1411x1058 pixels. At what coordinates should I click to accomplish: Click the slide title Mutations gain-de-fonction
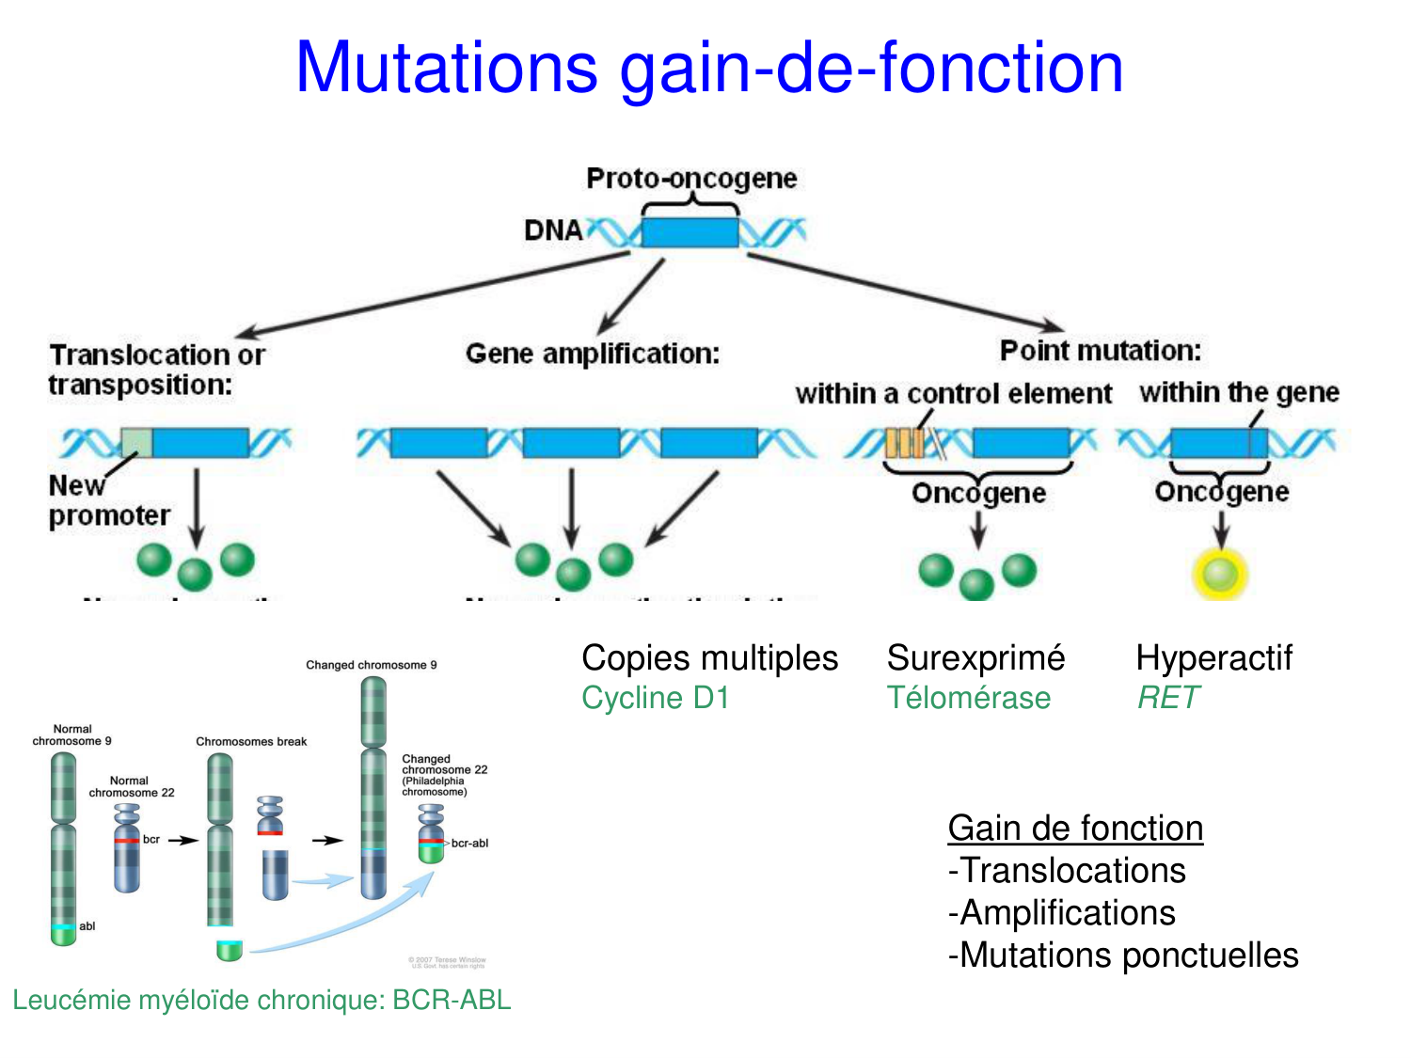pos(709,68)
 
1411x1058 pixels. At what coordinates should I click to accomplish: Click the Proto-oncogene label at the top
pos(691,178)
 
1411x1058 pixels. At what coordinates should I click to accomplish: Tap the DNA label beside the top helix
pos(553,230)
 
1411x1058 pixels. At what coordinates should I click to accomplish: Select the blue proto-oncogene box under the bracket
pos(690,232)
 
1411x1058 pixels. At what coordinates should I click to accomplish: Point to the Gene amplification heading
pos(593,354)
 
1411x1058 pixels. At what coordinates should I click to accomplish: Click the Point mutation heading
pos(1101,351)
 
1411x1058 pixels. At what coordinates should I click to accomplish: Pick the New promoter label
pos(108,500)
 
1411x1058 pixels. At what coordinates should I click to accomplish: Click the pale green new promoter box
pos(136,442)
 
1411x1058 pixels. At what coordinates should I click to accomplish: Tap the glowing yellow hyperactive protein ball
pos(1220,574)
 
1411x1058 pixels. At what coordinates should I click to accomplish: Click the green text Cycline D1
pos(656,698)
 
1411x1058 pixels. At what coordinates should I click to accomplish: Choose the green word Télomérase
pos(969,698)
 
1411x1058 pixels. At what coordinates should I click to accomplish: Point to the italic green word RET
pos(1168,698)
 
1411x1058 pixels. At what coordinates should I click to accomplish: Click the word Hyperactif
pos(1213,658)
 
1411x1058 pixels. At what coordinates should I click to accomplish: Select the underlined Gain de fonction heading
pos(1075,829)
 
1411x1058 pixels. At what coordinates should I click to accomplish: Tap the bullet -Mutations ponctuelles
pos(1123,955)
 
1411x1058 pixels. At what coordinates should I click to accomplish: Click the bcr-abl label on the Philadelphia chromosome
pos(469,844)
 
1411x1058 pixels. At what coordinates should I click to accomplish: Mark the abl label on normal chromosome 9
pos(87,926)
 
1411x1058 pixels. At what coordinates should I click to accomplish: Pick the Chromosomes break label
pos(251,742)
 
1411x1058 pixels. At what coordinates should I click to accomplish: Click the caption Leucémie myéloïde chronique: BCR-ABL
pos(262,1000)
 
